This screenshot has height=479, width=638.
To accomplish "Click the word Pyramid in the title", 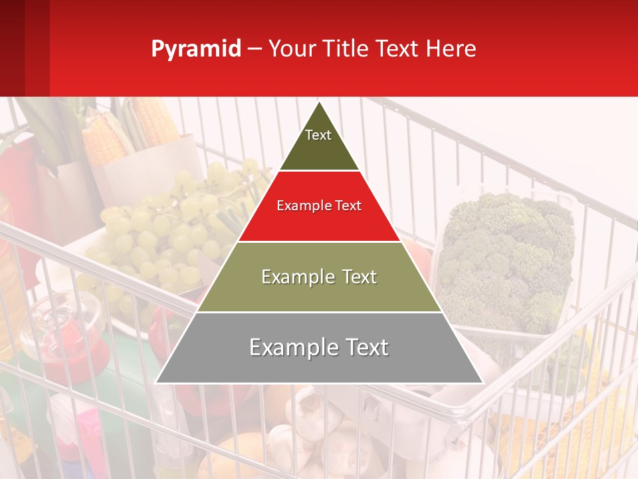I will [195, 49].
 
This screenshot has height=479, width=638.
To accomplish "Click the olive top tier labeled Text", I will [318, 143].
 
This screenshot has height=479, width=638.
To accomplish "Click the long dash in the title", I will [255, 49].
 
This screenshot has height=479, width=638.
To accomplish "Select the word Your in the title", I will [292, 49].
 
